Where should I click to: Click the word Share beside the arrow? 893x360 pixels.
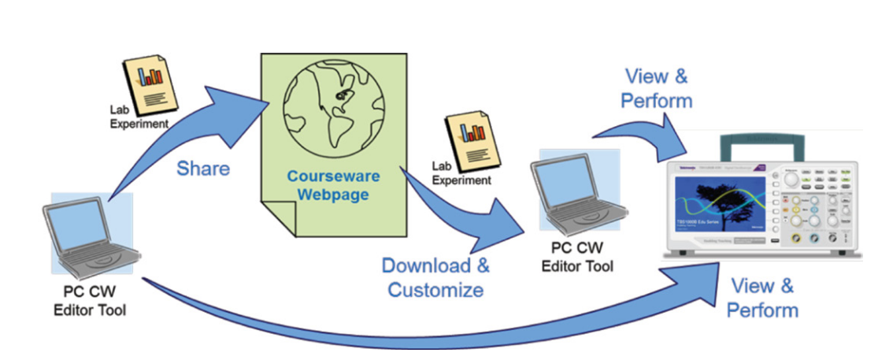click(202, 169)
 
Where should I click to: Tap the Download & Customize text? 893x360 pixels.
click(435, 276)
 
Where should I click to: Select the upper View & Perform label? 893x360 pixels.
click(656, 88)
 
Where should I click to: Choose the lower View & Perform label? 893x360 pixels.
click(761, 297)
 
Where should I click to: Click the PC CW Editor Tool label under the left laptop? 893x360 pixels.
click(89, 301)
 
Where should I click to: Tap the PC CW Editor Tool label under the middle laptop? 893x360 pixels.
click(577, 258)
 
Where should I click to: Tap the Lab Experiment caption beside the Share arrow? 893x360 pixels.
click(139, 117)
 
